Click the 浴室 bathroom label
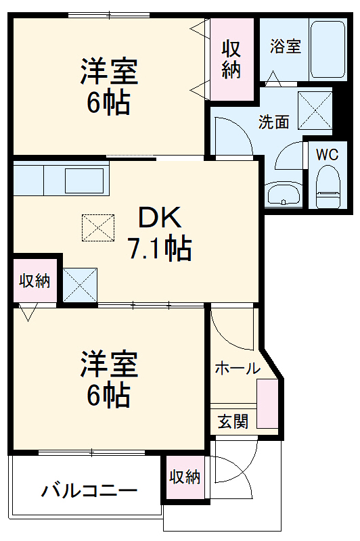click(285, 47)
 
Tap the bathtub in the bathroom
click(328, 48)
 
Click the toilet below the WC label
click(328, 189)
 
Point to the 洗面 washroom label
click(274, 122)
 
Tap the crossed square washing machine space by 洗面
click(315, 110)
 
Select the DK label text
click(160, 217)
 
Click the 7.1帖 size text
click(160, 250)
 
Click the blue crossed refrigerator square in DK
click(80, 285)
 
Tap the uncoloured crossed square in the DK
click(99, 227)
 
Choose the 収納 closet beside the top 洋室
click(232, 59)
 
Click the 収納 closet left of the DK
click(34, 281)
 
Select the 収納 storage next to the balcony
click(185, 477)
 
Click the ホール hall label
click(238, 369)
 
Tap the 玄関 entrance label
click(232, 421)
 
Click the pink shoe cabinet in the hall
click(267, 404)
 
